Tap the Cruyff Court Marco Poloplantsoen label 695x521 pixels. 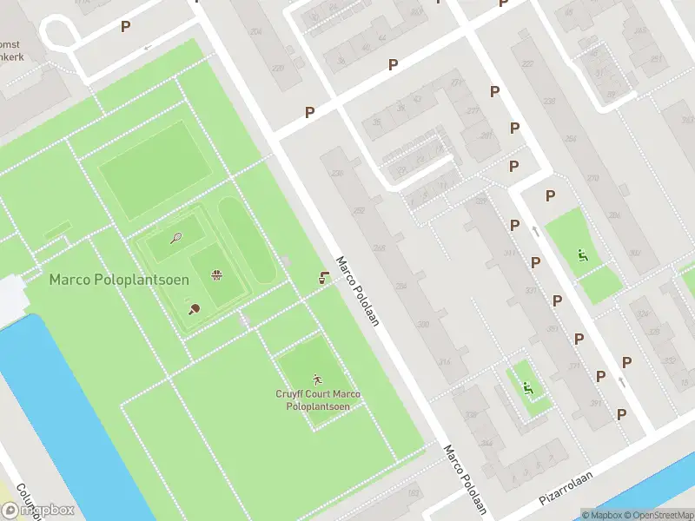(317, 400)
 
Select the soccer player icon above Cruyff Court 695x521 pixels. (317, 379)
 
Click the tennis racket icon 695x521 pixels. (175, 238)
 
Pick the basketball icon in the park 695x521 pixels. (216, 276)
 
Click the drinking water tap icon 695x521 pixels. (323, 278)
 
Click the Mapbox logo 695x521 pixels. (39, 511)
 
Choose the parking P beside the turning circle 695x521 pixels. (126, 27)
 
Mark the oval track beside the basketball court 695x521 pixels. (247, 241)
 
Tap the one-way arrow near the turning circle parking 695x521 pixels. (148, 46)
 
